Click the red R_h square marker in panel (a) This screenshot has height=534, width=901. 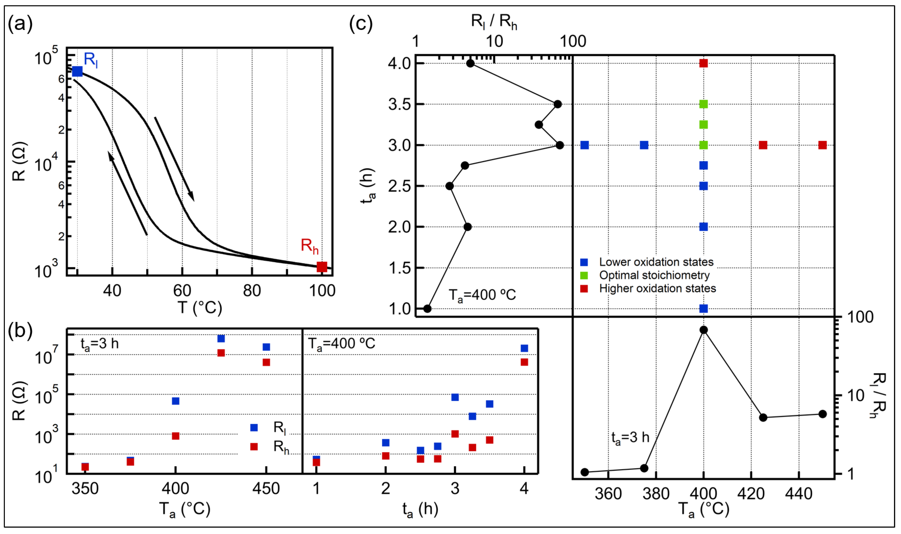coord(322,267)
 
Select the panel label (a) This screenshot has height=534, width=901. coord(20,24)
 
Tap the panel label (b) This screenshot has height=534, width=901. coord(20,330)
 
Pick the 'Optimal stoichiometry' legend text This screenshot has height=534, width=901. coord(654,275)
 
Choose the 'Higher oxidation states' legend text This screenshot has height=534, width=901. coord(657,289)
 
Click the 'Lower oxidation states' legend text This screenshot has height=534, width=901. coord(656,262)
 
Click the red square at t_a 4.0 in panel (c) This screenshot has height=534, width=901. coord(703,63)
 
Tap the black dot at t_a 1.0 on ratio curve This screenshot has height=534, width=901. coord(427,308)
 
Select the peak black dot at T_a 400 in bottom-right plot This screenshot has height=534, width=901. coord(704,330)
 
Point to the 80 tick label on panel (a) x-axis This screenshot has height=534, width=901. coord(252,290)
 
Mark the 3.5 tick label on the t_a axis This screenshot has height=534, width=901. coord(400,105)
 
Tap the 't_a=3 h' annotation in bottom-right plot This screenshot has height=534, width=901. coord(630,437)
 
